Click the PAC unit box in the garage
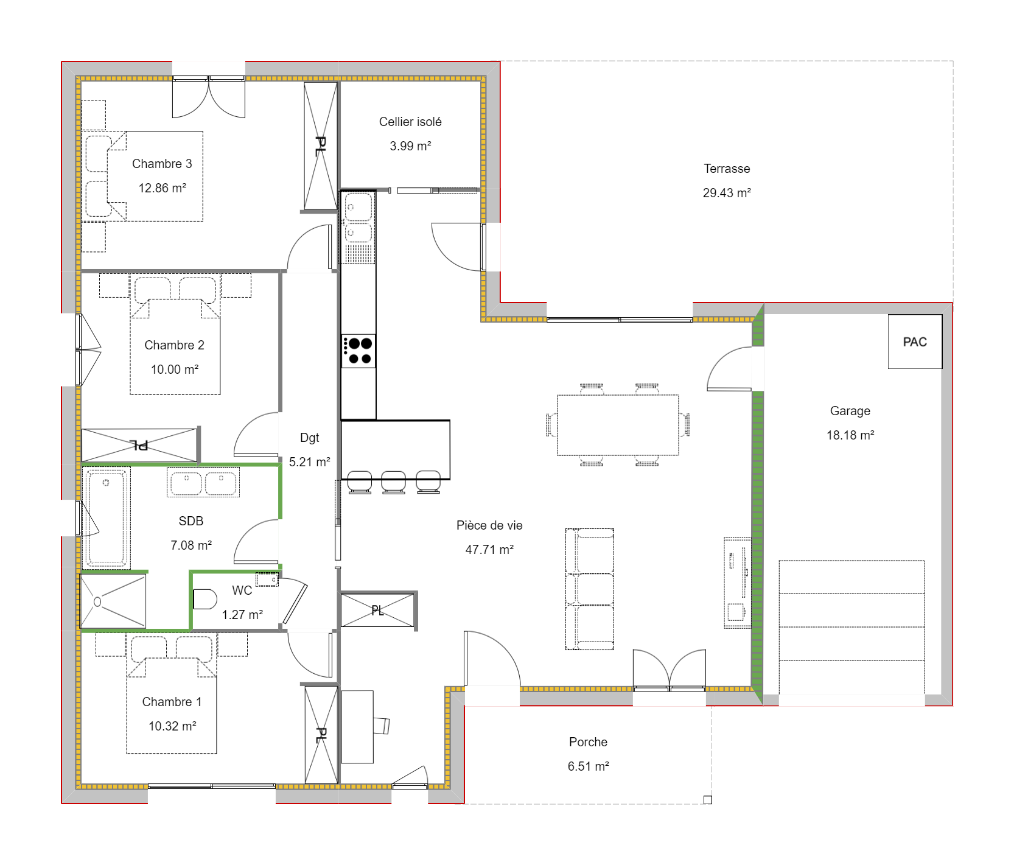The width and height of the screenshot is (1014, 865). click(915, 341)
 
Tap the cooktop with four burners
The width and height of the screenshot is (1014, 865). click(358, 351)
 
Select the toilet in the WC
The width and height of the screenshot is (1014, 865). click(205, 599)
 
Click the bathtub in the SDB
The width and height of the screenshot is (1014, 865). click(106, 517)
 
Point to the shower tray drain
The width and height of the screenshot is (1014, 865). click(97, 602)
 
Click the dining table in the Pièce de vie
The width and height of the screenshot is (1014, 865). click(618, 425)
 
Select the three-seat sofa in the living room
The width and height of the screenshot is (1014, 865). click(589, 589)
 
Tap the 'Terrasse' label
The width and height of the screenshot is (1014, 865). click(727, 169)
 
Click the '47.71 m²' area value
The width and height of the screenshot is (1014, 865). click(489, 550)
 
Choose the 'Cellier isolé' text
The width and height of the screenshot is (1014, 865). click(410, 122)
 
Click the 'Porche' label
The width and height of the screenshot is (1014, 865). click(588, 742)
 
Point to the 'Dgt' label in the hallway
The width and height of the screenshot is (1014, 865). click(309, 438)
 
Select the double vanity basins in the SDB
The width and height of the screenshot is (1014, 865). click(203, 483)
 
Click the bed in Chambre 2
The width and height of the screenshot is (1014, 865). click(175, 347)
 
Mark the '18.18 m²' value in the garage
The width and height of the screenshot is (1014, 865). click(850, 435)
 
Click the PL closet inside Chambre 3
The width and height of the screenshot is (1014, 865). click(320, 146)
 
